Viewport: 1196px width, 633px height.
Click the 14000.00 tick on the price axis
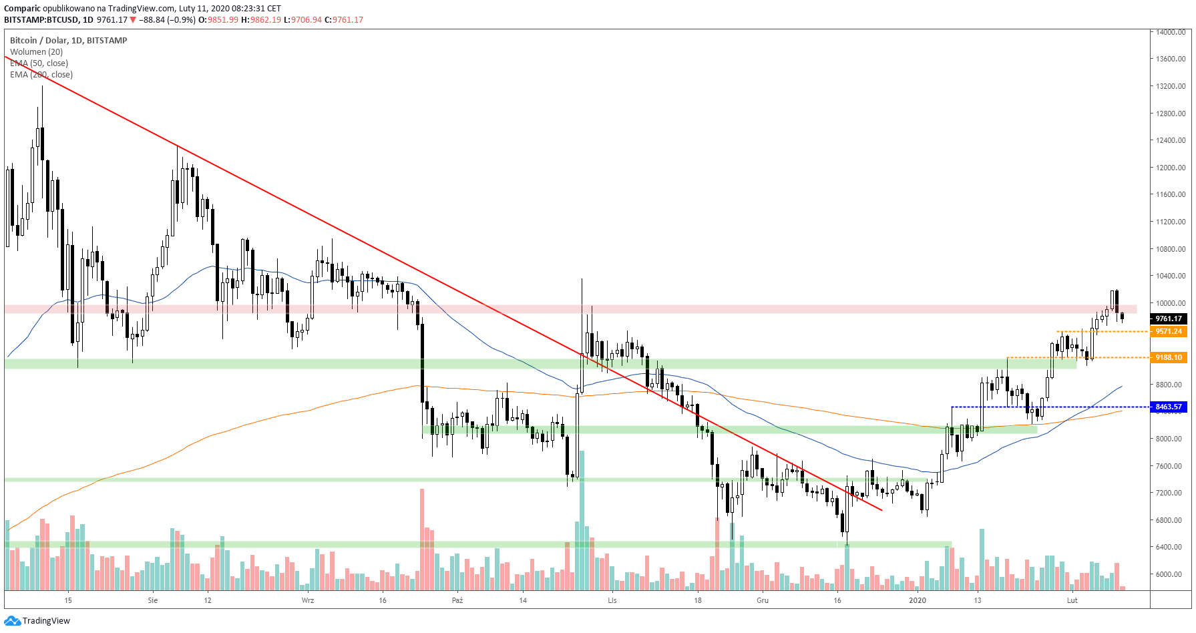pyautogui.click(x=1171, y=32)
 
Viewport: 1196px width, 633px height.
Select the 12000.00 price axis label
pyautogui.click(x=1171, y=168)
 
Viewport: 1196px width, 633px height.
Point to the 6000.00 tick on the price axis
pyautogui.click(x=1171, y=574)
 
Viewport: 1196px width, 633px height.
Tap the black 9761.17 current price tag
pyautogui.click(x=1169, y=319)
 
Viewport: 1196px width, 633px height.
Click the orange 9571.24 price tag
pyautogui.click(x=1169, y=332)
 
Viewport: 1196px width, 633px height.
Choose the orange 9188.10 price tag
pyautogui.click(x=1169, y=358)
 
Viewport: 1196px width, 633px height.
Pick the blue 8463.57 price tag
pyautogui.click(x=1169, y=407)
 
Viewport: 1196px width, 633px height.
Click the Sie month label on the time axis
pyautogui.click(x=153, y=600)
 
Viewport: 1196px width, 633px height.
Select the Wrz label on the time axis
pyautogui.click(x=307, y=600)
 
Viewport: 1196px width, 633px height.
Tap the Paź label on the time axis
pyautogui.click(x=457, y=600)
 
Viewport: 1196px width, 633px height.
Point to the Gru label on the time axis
pyautogui.click(x=763, y=600)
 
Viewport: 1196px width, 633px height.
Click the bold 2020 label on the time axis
pyautogui.click(x=918, y=600)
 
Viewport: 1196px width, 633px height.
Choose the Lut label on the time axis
pyautogui.click(x=1072, y=600)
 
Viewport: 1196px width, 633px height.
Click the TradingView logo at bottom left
pyautogui.click(x=37, y=621)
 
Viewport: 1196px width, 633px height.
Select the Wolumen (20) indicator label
pyautogui.click(x=37, y=52)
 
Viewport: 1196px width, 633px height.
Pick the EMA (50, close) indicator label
pyautogui.click(x=39, y=63)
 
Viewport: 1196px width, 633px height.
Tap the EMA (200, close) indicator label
pyautogui.click(x=41, y=75)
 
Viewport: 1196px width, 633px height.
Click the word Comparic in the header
pyautogui.click(x=22, y=9)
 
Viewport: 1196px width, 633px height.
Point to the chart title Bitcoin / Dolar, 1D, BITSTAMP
pyautogui.click(x=68, y=41)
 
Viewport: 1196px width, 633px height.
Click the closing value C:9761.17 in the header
pyautogui.click(x=344, y=20)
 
